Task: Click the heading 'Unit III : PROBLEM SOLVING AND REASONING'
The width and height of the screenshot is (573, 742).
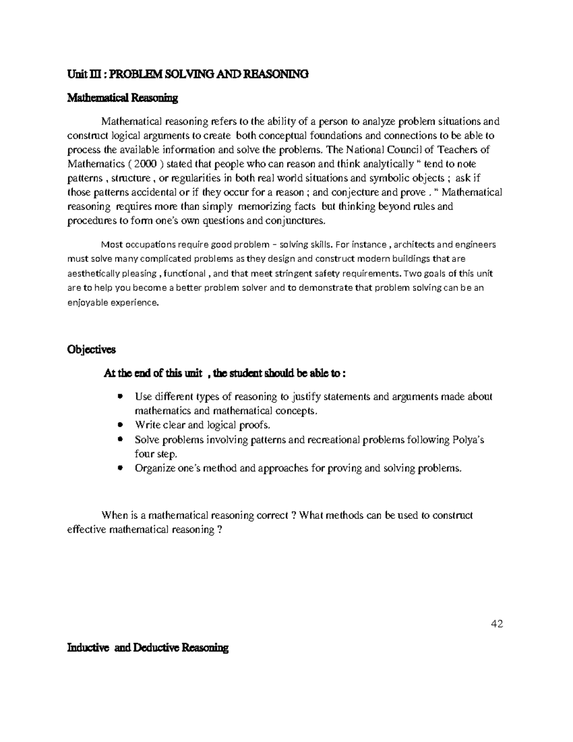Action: [x=188, y=74]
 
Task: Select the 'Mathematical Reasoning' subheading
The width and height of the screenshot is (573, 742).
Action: [x=122, y=98]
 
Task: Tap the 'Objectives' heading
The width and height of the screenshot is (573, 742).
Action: [x=91, y=350]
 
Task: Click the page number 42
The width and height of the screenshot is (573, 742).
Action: [x=497, y=624]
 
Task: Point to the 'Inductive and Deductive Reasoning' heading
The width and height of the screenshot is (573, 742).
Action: [x=148, y=648]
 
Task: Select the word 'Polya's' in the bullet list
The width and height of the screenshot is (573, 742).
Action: [x=468, y=440]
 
